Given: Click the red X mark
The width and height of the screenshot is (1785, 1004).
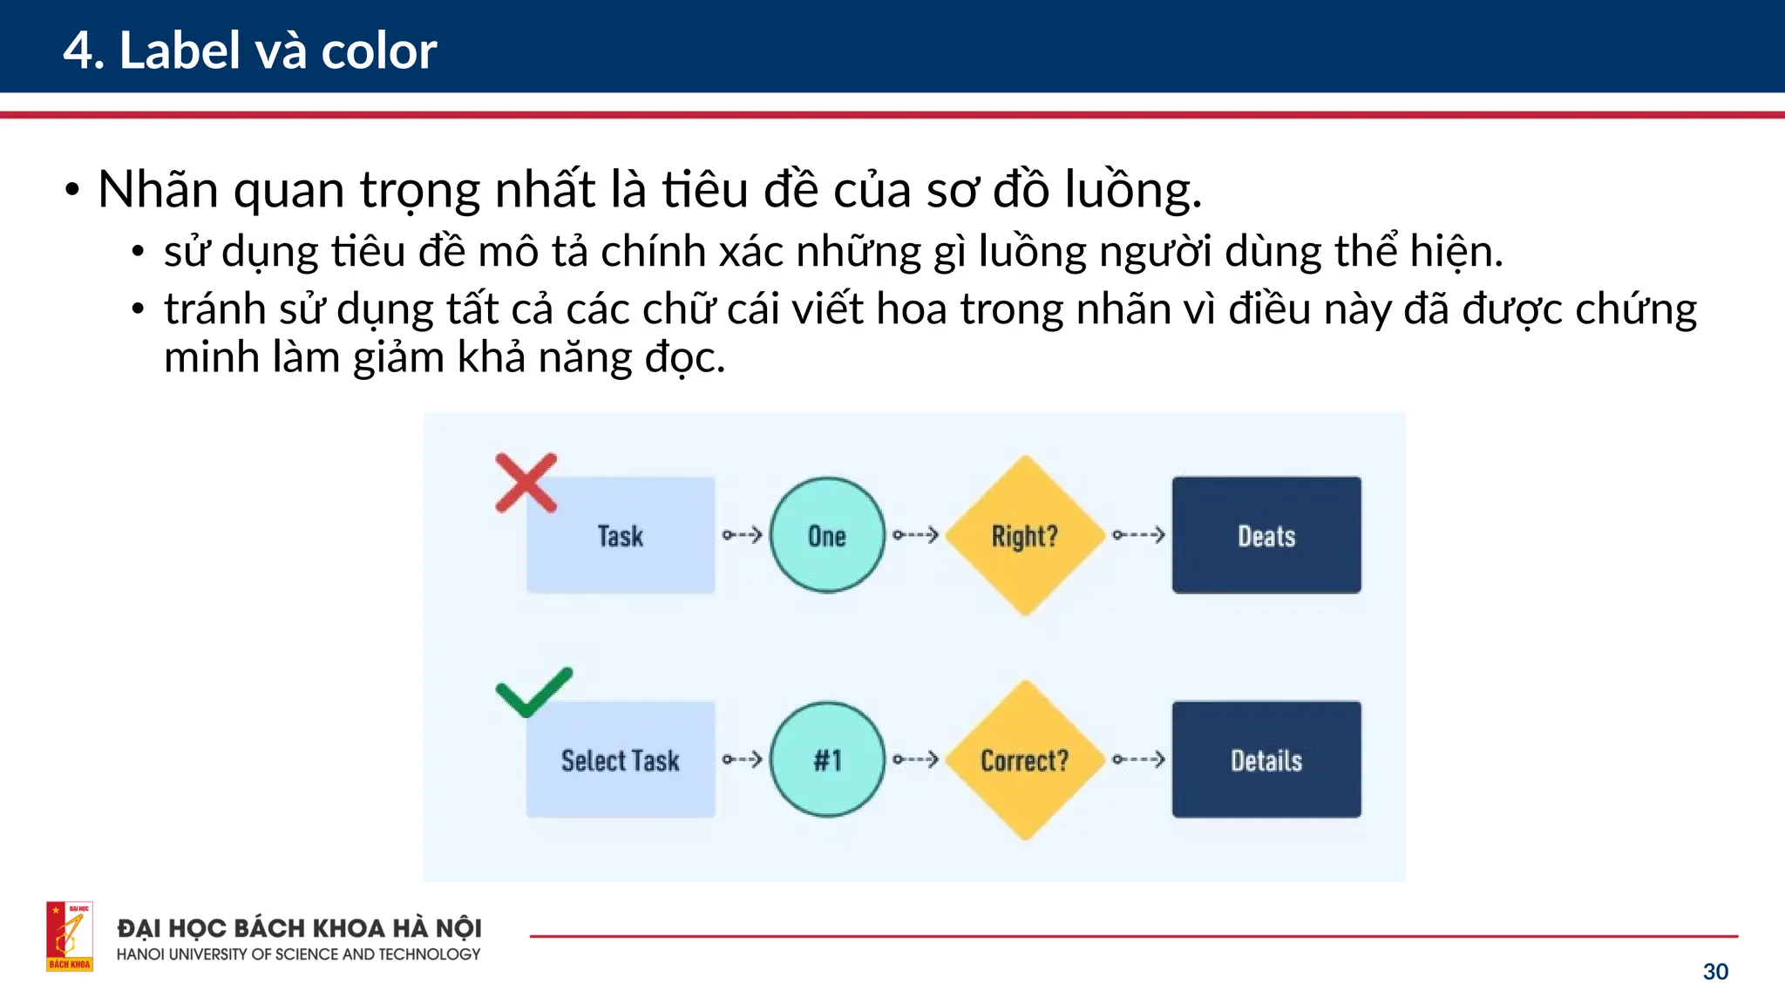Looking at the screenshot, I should (x=526, y=482).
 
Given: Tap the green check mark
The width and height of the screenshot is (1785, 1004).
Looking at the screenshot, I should (x=533, y=693).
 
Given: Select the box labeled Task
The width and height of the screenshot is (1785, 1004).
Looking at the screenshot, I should (x=621, y=535).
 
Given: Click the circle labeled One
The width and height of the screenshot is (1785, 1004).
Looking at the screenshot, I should (x=827, y=535).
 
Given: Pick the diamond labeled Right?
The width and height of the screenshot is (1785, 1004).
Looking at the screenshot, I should (x=1025, y=535).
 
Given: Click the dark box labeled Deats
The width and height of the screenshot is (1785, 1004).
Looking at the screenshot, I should (x=1266, y=535).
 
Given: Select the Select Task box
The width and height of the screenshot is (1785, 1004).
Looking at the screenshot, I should (x=621, y=760).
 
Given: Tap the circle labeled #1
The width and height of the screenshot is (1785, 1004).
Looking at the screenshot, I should (x=827, y=760).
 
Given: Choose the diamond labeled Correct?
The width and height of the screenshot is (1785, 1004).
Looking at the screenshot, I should (x=1025, y=760).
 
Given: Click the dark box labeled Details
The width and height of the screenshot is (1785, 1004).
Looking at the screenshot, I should (x=1266, y=760).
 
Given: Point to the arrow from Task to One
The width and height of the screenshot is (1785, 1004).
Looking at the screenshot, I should (x=743, y=535).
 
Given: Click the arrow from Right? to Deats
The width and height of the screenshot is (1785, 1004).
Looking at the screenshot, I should (x=1139, y=535).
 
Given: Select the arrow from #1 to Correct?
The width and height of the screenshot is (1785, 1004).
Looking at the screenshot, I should (x=915, y=760).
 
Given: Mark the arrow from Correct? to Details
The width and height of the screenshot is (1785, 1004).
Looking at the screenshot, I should (x=1139, y=760).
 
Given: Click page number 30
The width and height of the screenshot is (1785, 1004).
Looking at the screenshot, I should (x=1714, y=972).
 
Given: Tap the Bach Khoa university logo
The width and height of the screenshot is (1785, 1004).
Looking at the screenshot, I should (x=70, y=936).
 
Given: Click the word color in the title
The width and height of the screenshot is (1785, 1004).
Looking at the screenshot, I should (x=378, y=51).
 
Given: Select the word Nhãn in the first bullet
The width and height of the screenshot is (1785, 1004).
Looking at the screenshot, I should (x=158, y=189).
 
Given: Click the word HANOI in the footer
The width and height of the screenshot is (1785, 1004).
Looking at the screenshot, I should (x=140, y=954).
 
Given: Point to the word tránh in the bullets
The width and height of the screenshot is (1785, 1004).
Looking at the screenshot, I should (x=214, y=309).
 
